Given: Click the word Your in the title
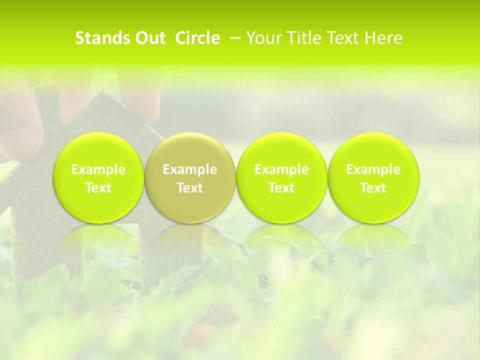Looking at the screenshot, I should pos(265,38).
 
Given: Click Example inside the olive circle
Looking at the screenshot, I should pos(190,169).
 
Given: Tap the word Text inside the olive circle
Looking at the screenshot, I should pos(190,188).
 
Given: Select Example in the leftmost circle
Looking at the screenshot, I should pos(98,169).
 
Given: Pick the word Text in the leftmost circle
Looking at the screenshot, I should pos(98,188).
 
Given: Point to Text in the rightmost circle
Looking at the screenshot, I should pos(373,188).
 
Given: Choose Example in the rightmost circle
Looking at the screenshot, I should pos(373,169).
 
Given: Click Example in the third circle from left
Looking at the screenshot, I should pos(281,169).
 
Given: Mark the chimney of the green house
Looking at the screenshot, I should pos(44,100).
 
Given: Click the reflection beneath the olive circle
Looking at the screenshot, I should pos(189,237).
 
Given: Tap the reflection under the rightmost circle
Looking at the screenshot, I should pos(373,237).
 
